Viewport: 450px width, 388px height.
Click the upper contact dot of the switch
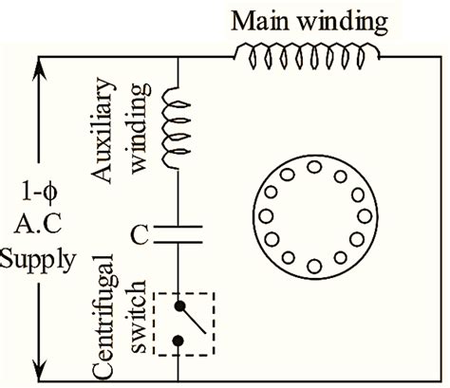[178, 306]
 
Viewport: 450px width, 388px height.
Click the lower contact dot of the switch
[178, 340]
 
